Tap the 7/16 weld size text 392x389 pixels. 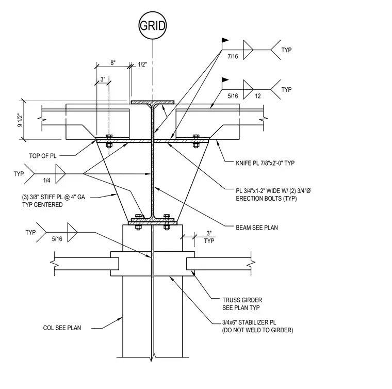[x=233, y=57]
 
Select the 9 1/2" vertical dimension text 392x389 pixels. [x=20, y=120]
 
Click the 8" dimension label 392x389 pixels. [x=113, y=63]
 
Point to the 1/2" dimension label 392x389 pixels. [x=142, y=64]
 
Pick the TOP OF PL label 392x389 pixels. [x=43, y=156]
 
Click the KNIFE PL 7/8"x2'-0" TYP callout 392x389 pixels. [x=265, y=163]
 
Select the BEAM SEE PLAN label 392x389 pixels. [x=257, y=228]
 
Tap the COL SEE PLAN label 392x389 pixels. [x=62, y=328]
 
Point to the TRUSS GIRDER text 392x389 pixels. [x=242, y=300]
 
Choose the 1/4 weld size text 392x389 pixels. [x=47, y=181]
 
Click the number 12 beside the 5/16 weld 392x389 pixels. [x=258, y=96]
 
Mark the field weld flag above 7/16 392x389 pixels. [x=225, y=40]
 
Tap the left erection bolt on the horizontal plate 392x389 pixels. [x=109, y=141]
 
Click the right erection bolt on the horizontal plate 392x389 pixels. [x=196, y=141]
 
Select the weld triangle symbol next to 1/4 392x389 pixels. [x=60, y=174]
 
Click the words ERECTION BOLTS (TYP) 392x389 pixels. [x=266, y=199]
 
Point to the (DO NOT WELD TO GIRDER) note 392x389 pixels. [x=257, y=330]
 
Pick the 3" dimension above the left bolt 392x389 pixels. [x=103, y=79]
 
